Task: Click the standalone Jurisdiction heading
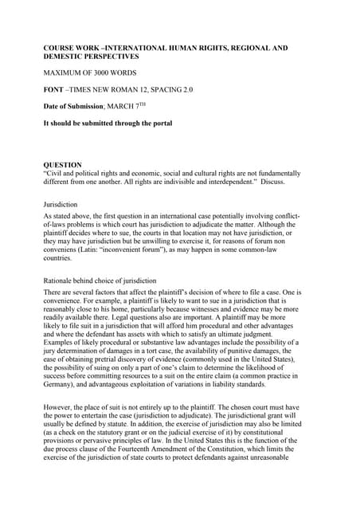click(61, 205)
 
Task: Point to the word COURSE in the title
click(59, 49)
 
